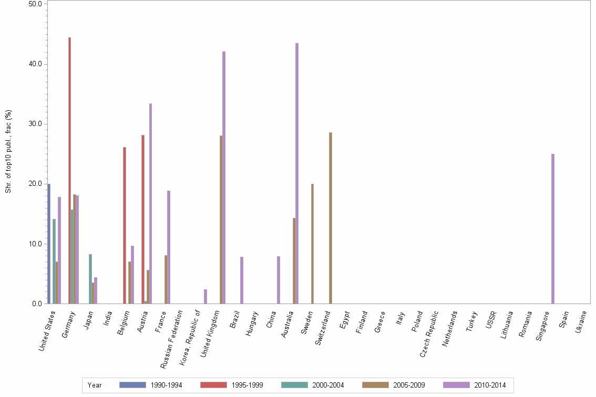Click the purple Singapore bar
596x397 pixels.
(553, 228)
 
